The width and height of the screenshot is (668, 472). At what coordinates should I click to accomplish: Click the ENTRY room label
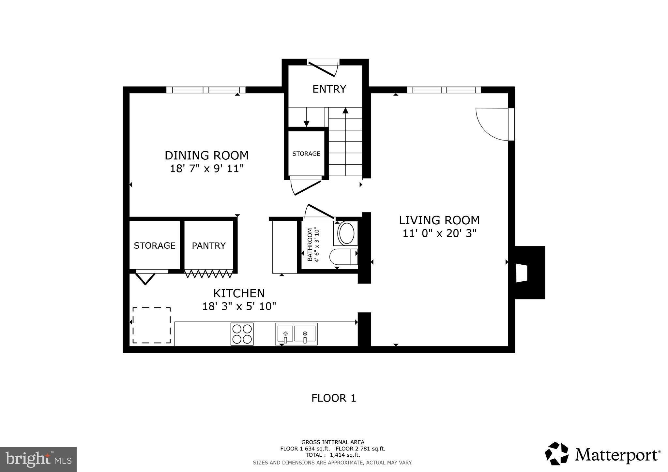coord(329,89)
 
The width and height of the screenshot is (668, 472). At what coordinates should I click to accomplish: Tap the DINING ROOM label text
coord(206,155)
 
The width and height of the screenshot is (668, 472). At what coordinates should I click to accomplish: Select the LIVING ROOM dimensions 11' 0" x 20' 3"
coord(439,233)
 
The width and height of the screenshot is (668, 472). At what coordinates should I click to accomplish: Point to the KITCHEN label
coord(239,293)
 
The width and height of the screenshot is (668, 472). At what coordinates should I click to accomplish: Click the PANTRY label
coord(208,245)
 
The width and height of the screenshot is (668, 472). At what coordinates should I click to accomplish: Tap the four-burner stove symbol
coord(242,334)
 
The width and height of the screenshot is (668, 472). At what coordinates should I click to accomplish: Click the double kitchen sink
coord(296,334)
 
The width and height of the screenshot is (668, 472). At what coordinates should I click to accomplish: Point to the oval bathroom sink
coord(346,233)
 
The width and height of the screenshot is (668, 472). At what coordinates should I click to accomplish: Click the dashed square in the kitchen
coord(151,325)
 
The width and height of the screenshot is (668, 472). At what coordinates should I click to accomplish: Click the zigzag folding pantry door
coord(209,273)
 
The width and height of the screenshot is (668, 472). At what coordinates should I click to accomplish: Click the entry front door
coord(322,69)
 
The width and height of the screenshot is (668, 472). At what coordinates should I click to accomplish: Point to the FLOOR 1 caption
coord(333,398)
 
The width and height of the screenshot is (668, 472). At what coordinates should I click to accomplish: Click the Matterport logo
coord(602,454)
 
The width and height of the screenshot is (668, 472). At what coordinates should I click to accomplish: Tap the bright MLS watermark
coord(38,459)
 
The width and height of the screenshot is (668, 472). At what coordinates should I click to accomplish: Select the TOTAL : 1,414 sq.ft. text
coord(332,455)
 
